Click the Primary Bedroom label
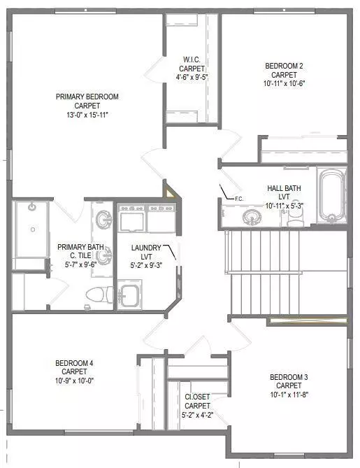tap(87, 97)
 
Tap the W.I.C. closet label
tap(193, 59)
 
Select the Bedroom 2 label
tap(284, 66)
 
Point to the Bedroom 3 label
tap(289, 378)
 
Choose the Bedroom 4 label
tap(74, 363)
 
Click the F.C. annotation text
tap(238, 199)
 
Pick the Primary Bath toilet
tap(94, 295)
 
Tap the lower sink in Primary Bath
tap(103, 257)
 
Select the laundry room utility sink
tap(130, 293)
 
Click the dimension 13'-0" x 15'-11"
tap(87, 114)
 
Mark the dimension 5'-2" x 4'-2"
tap(197, 414)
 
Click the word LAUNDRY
tap(146, 248)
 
